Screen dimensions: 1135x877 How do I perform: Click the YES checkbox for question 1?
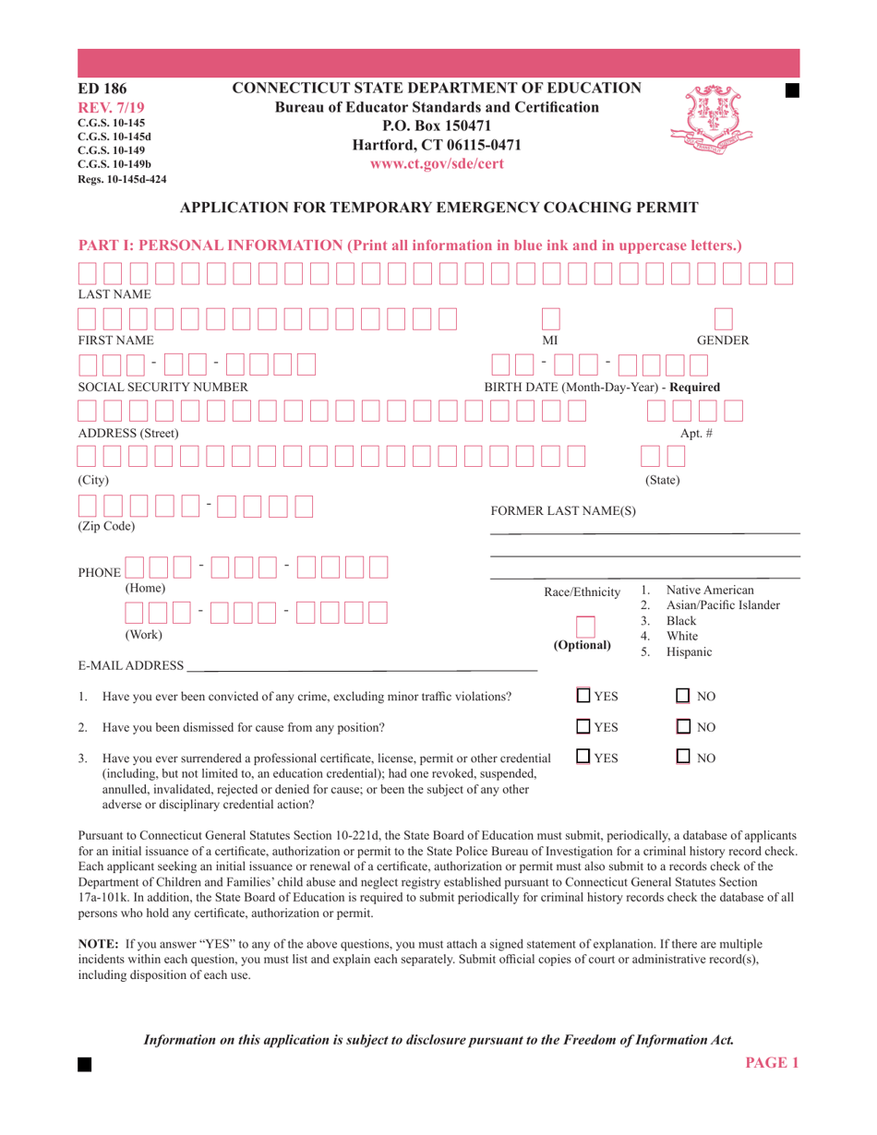pos(584,696)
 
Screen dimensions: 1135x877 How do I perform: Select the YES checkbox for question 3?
pos(584,758)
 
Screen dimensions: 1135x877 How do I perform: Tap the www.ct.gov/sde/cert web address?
pos(437,163)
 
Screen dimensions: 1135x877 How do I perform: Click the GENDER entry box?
pos(723,318)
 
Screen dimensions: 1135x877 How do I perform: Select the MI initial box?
pos(550,318)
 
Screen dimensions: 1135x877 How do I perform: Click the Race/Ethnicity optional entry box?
pos(584,627)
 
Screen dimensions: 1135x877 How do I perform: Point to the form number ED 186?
pos(102,90)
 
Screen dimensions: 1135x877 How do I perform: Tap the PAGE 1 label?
pos(771,1063)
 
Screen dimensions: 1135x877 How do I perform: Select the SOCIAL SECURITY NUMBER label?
pos(162,387)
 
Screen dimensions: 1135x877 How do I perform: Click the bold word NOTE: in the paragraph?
pos(96,946)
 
